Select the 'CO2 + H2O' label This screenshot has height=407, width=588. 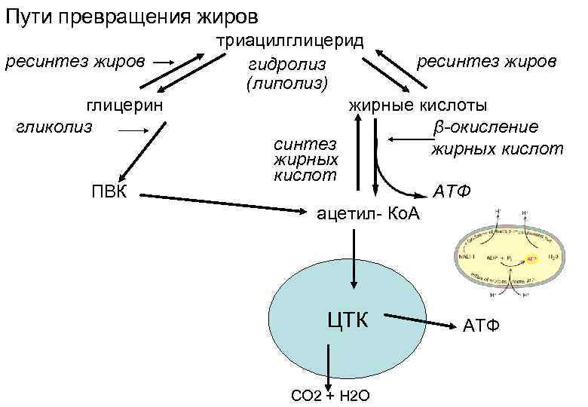click(x=329, y=396)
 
